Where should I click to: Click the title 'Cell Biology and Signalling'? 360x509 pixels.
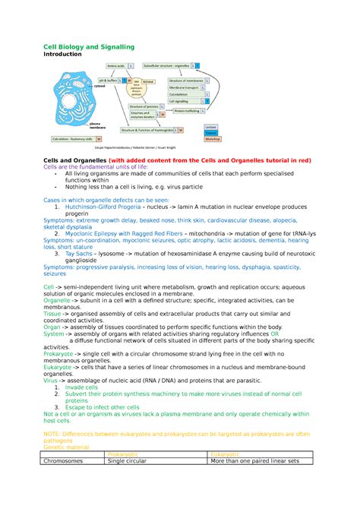click(x=88, y=47)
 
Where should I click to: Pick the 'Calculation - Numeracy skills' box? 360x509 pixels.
click(x=72, y=140)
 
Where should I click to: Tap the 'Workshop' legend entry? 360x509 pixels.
click(x=212, y=140)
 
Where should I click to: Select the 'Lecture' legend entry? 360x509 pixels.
click(x=212, y=127)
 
